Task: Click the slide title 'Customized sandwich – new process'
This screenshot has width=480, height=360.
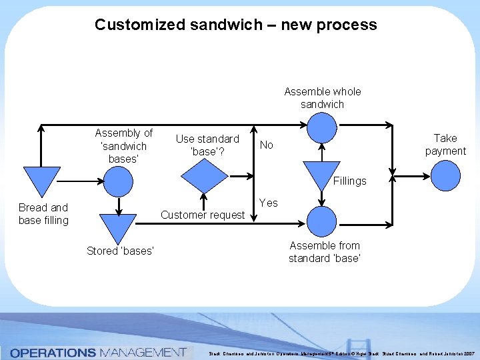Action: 235,25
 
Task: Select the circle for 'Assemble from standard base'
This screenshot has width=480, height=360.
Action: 322,219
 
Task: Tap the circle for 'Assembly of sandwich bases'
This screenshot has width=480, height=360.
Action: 118,180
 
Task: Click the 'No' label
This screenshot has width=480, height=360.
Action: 266,145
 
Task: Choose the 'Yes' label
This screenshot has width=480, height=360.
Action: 268,203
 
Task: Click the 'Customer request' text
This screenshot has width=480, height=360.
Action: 203,215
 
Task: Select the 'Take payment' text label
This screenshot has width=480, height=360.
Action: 445,145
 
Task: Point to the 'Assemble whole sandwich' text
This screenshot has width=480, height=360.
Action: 322,98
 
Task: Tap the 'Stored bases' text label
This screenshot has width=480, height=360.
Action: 120,251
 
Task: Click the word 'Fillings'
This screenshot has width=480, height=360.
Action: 350,181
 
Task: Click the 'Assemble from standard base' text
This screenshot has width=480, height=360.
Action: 325,252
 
